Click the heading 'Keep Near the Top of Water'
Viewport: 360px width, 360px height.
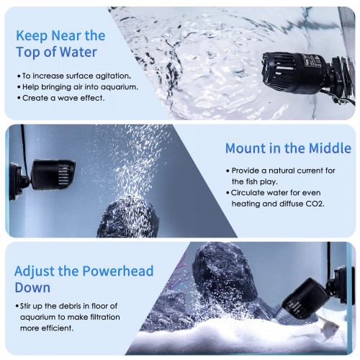(60, 44)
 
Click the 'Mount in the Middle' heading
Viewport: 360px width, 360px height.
(288, 148)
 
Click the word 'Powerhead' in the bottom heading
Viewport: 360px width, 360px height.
(118, 271)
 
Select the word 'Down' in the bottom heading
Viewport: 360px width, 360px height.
(32, 287)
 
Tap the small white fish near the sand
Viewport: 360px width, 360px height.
(328, 326)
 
